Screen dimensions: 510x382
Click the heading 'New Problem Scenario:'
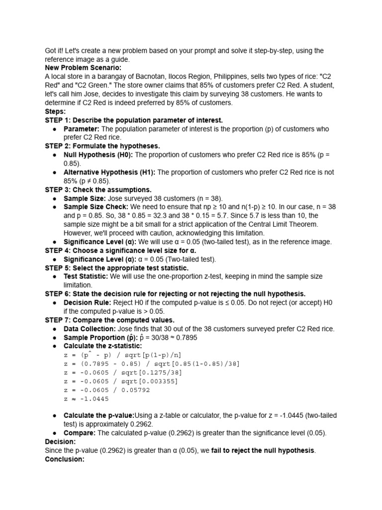click(x=83, y=68)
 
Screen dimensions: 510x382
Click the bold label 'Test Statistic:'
click(x=86, y=276)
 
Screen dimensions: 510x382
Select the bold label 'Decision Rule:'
click(x=88, y=302)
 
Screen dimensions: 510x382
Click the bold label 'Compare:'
click(x=80, y=433)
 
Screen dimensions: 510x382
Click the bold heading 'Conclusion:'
click(x=65, y=459)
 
